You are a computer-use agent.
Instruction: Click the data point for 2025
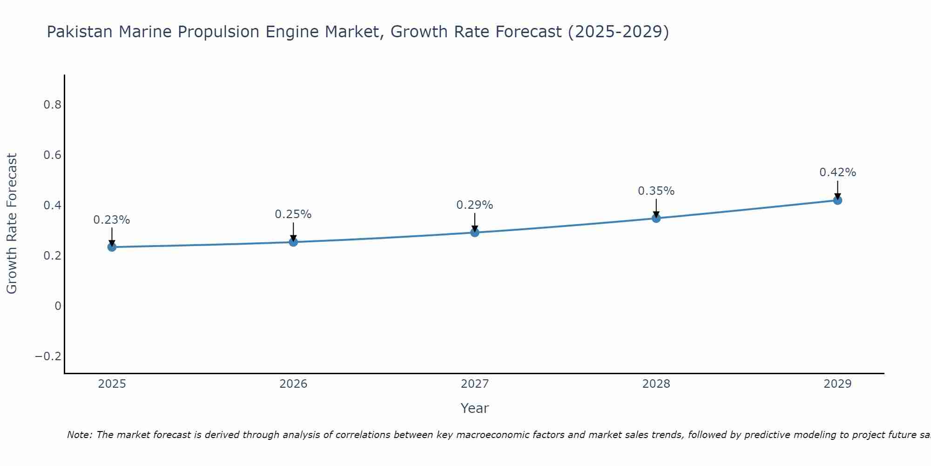[112, 247]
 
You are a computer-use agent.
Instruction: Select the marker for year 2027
[475, 232]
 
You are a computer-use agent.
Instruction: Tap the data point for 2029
[837, 200]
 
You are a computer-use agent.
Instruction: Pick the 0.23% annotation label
[112, 220]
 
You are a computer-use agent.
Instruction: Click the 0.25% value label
[293, 214]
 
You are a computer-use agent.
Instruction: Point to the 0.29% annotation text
[475, 205]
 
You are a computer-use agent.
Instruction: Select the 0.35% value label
[656, 191]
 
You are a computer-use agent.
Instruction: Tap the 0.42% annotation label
[837, 172]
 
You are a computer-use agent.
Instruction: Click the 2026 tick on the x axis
[293, 384]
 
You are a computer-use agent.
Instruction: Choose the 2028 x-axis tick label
[656, 384]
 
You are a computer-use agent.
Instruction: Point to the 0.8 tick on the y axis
[52, 105]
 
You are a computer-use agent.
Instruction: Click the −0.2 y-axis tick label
[48, 356]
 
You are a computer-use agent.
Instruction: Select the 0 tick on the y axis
[58, 306]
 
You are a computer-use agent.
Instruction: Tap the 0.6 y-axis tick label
[52, 155]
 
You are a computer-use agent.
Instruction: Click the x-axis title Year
[474, 409]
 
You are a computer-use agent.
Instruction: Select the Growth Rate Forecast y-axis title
[12, 224]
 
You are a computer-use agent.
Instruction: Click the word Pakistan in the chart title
[80, 32]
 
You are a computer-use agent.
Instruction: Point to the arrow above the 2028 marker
[656, 207]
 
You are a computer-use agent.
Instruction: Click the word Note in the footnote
[79, 435]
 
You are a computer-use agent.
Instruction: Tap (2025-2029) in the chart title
[618, 32]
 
